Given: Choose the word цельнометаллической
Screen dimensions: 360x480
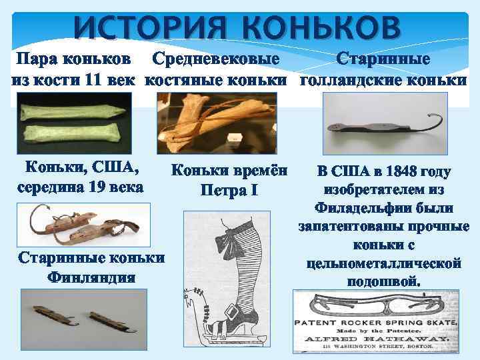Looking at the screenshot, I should (x=383, y=263).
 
